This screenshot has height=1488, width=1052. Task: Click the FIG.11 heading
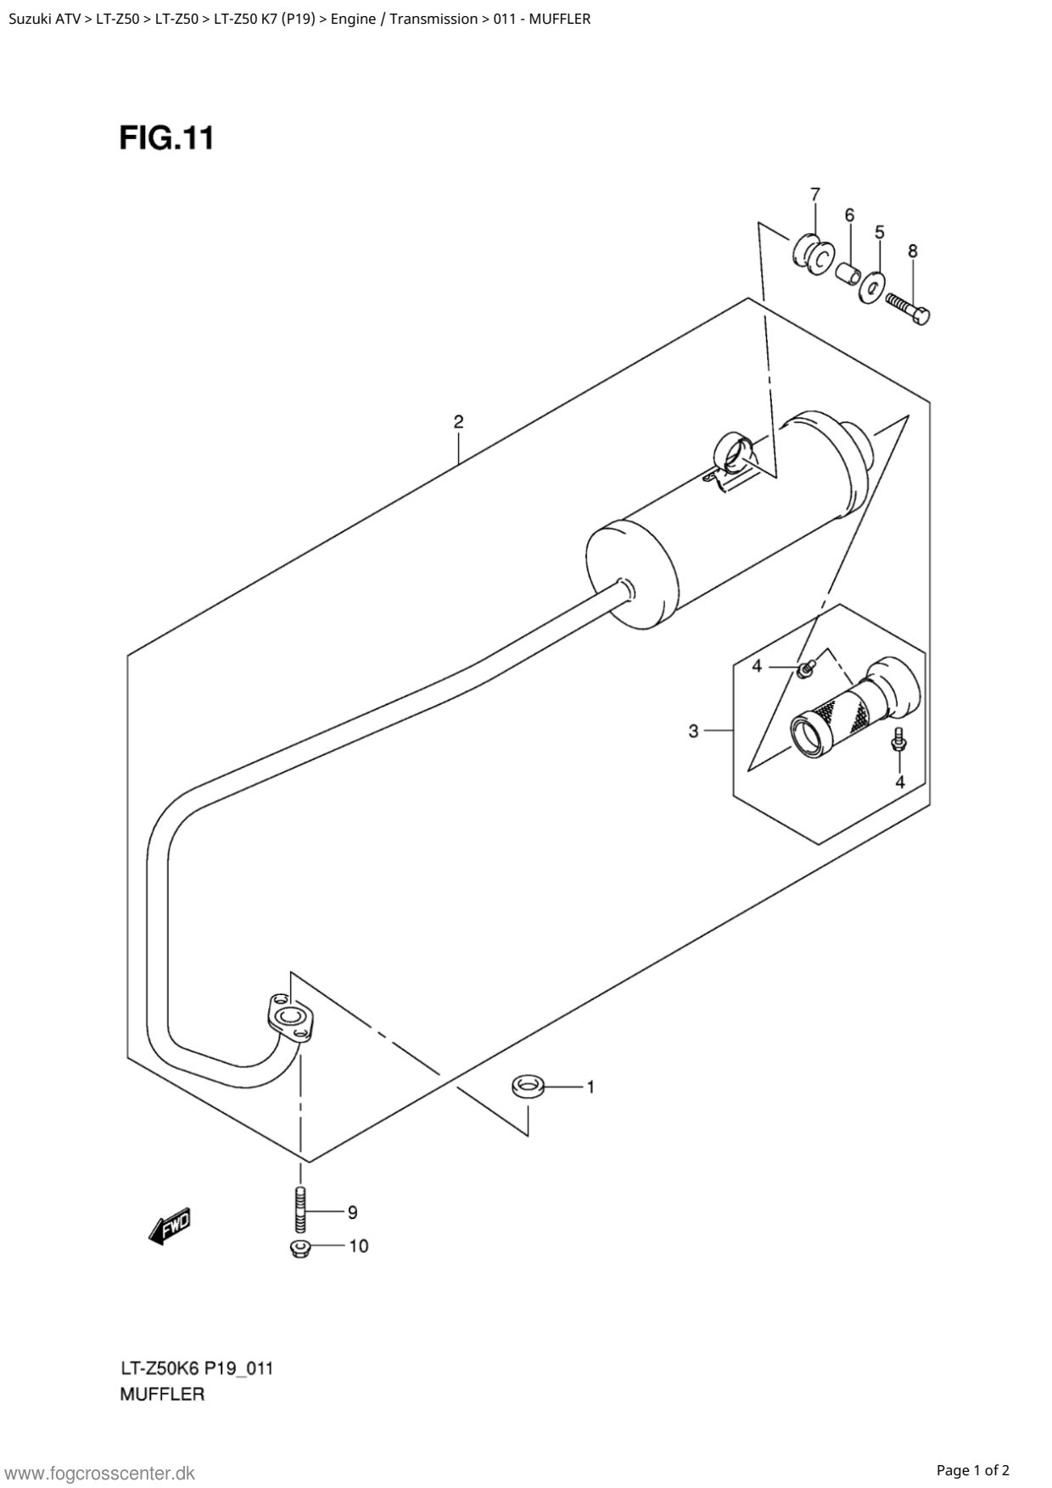click(x=166, y=137)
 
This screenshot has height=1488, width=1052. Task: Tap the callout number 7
click(x=814, y=194)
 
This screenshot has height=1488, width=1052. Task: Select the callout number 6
click(x=849, y=215)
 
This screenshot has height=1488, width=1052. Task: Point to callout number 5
click(x=880, y=232)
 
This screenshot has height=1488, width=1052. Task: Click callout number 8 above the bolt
click(x=913, y=251)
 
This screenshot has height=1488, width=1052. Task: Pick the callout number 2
click(x=458, y=422)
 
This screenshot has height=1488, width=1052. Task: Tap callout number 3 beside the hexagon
click(x=693, y=730)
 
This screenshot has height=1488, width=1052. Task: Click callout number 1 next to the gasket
click(x=590, y=1087)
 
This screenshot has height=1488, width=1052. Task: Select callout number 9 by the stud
click(x=352, y=1213)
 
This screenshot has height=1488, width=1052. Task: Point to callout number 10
click(x=359, y=1246)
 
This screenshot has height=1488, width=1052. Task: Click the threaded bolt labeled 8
click(x=909, y=307)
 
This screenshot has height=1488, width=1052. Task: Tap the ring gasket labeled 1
click(x=528, y=1086)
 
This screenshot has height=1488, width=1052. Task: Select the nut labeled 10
click(x=299, y=1248)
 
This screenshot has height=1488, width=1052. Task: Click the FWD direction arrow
click(x=171, y=1226)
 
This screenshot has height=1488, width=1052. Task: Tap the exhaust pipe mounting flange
click(x=288, y=1017)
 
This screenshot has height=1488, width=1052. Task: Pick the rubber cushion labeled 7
click(x=812, y=254)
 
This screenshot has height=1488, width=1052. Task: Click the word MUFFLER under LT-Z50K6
click(x=162, y=1394)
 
